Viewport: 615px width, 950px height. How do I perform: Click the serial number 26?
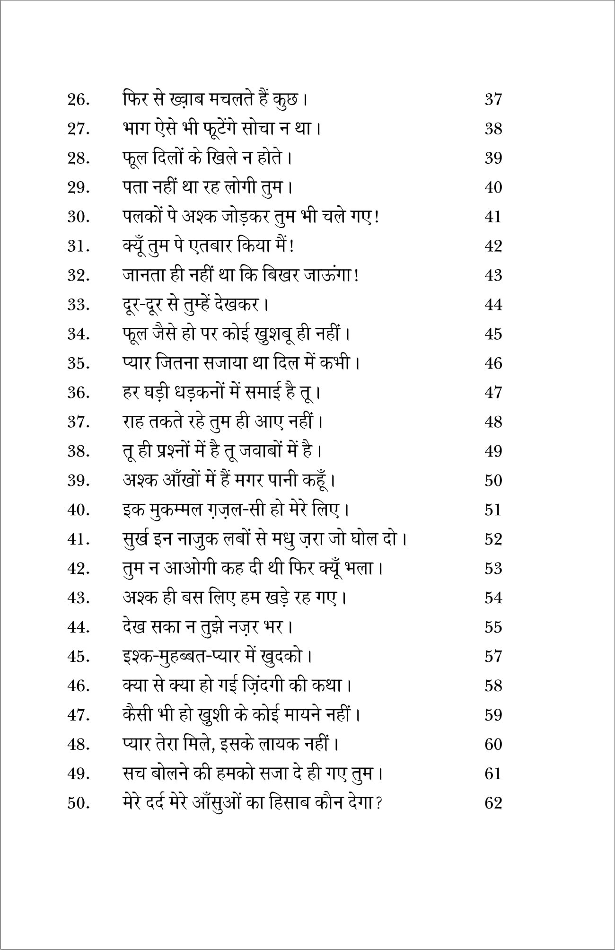point(79,100)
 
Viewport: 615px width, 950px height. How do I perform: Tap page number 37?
point(493,100)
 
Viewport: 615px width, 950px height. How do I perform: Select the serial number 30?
point(79,218)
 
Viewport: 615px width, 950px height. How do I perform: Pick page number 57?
point(493,656)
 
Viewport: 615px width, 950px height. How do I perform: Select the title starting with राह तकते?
point(222,422)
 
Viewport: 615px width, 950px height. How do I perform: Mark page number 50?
point(493,480)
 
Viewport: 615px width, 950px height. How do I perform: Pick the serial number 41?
point(79,539)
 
